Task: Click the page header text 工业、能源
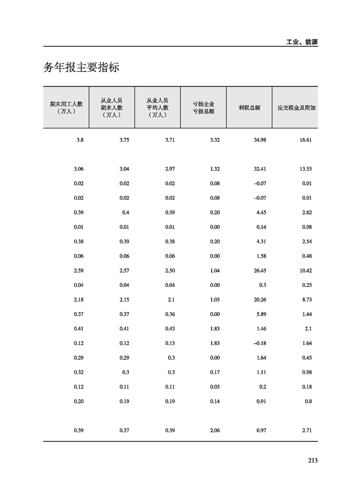point(302,42)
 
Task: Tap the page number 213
point(312,460)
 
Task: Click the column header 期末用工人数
point(66,108)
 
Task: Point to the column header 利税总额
point(249,108)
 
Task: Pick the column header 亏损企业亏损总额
point(203,108)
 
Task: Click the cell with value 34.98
point(260,140)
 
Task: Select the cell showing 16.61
point(306,140)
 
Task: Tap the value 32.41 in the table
point(260,169)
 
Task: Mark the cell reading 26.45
point(260,271)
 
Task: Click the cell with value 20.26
point(260,300)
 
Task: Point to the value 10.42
point(306,271)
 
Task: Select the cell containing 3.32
point(215,140)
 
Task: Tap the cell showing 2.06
point(215,430)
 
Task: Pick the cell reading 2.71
point(307,430)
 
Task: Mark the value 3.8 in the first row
point(80,140)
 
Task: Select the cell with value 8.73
point(307,300)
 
